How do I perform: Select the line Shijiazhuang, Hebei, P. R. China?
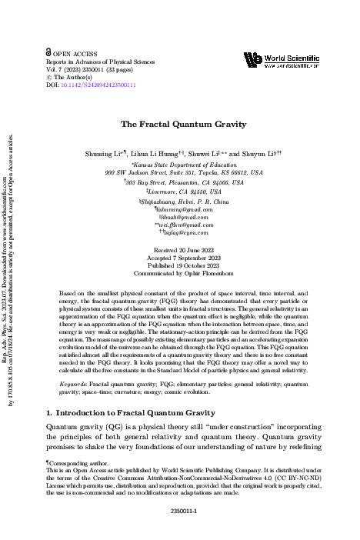pyautogui.click(x=178, y=200)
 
